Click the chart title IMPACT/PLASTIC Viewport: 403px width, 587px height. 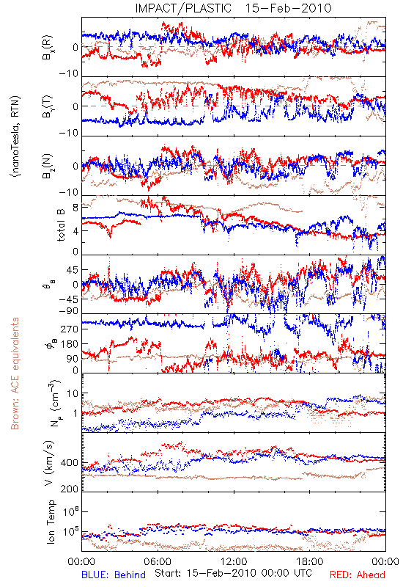point(183,8)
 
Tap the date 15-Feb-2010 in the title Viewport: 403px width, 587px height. point(288,8)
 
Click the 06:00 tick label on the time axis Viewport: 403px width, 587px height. point(158,561)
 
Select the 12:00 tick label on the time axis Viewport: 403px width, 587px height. point(234,561)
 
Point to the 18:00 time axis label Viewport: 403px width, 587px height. point(310,561)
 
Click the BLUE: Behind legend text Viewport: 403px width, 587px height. point(114,575)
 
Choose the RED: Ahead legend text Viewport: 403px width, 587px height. point(358,575)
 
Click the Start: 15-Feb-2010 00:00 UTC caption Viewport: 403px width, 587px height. point(233,573)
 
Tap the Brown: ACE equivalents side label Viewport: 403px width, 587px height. point(15,373)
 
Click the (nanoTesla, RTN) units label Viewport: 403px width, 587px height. point(15,136)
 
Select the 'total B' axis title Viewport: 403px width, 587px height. point(61,225)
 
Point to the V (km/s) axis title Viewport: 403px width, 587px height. point(49,463)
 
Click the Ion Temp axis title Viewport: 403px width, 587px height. point(51,522)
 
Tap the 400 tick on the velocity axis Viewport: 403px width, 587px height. point(70,463)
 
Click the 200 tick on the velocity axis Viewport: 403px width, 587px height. point(70,489)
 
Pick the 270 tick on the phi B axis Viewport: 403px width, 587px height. point(70,329)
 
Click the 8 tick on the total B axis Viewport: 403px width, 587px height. point(75,208)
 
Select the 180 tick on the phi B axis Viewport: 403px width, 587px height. point(70,344)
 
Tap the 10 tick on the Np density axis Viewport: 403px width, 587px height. point(73,394)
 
